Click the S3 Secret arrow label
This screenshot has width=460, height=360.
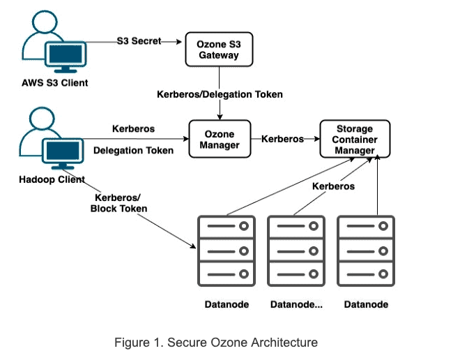pyautogui.click(x=138, y=41)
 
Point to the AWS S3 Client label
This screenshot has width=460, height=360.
pyautogui.click(x=54, y=83)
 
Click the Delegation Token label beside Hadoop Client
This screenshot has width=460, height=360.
pyautogui.click(x=133, y=150)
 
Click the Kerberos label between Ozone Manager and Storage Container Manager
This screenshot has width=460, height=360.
pyautogui.click(x=282, y=139)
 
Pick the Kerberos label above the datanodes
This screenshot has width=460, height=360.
pyautogui.click(x=333, y=186)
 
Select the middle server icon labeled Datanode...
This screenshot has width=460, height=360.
pyautogui.click(x=296, y=250)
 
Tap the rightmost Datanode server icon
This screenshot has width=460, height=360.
pyautogui.click(x=365, y=250)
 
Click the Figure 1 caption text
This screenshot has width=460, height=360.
pyautogui.click(x=216, y=342)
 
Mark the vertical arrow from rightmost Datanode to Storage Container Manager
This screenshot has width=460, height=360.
pyautogui.click(x=377, y=185)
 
